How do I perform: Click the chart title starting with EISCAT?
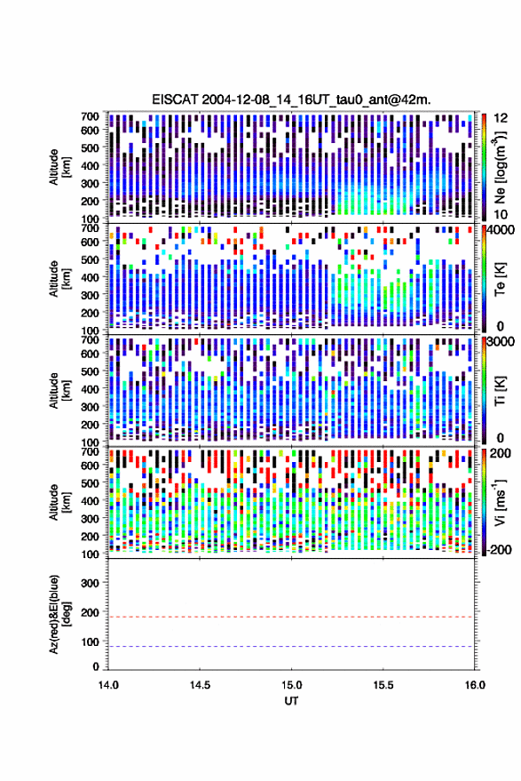pyautogui.click(x=291, y=100)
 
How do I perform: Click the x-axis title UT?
pyautogui.click(x=291, y=701)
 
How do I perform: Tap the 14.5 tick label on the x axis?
pyautogui.click(x=200, y=685)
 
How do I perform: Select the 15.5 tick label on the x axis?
pyautogui.click(x=383, y=685)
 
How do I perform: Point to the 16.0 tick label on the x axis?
pyautogui.click(x=475, y=685)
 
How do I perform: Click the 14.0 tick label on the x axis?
pyautogui.click(x=108, y=685)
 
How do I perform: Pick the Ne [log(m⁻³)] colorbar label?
pyautogui.click(x=500, y=167)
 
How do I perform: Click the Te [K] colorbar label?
pyautogui.click(x=500, y=279)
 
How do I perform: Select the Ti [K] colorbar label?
pyautogui.click(x=500, y=391)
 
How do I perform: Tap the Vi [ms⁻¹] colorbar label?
pyautogui.click(x=500, y=502)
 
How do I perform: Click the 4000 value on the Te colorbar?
pyautogui.click(x=501, y=231)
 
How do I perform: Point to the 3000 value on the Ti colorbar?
pyautogui.click(x=501, y=342)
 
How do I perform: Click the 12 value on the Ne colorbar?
pyautogui.click(x=501, y=118)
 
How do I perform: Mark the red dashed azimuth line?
pyautogui.click(x=291, y=617)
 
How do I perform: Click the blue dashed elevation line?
pyautogui.click(x=291, y=647)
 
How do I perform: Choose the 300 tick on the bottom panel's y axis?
pyautogui.click(x=90, y=583)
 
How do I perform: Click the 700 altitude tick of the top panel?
pyautogui.click(x=90, y=116)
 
